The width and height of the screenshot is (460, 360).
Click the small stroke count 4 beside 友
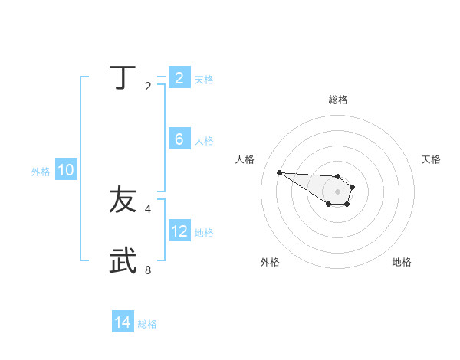(148, 208)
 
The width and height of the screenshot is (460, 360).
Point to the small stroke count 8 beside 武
(148, 270)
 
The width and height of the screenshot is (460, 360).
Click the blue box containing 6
(179, 139)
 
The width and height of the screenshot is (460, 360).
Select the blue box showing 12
(179, 231)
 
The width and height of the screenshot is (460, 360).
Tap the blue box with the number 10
(66, 171)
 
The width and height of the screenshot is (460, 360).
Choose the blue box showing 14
(123, 323)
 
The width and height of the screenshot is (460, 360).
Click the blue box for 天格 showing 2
(179, 78)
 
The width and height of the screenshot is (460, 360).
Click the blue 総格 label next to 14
(147, 324)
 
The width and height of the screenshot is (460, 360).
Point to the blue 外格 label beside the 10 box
(41, 172)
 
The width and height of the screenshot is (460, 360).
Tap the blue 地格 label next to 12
(204, 232)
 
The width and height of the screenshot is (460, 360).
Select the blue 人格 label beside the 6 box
(204, 141)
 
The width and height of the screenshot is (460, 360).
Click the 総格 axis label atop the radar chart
(338, 100)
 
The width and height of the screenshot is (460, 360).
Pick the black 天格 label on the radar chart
(431, 159)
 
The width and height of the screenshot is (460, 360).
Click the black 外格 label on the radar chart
(270, 262)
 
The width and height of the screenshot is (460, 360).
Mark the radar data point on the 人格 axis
(280, 172)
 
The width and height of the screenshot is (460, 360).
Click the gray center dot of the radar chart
(338, 191)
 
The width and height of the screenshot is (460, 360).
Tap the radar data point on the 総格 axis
(338, 176)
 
